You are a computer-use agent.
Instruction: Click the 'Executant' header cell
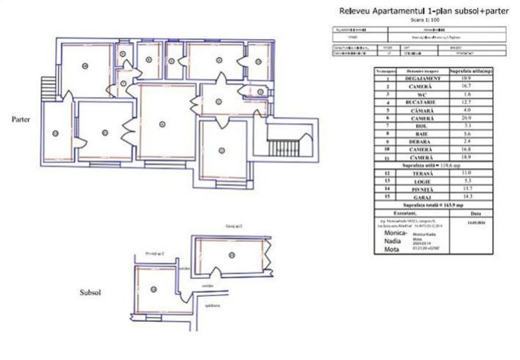(412, 212)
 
